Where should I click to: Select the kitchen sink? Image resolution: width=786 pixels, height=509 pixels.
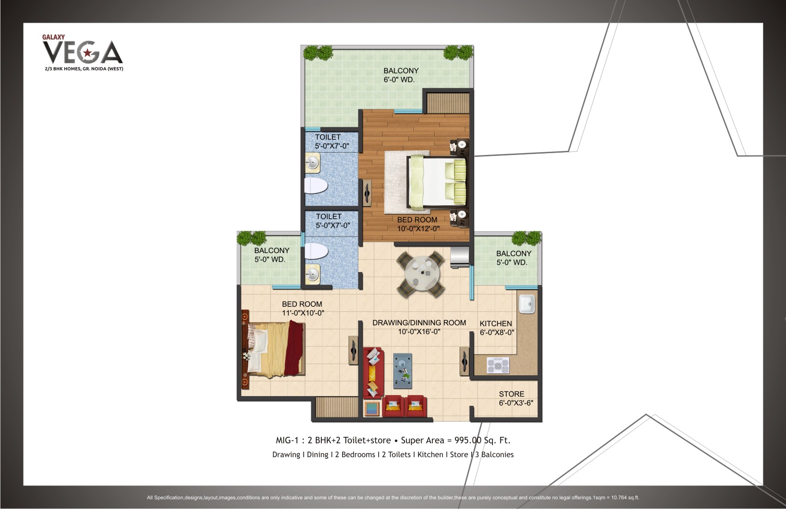pyautogui.click(x=526, y=304)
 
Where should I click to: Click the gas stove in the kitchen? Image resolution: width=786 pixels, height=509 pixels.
pyautogui.click(x=497, y=366)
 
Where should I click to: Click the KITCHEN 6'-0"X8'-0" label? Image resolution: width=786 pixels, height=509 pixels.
pyautogui.click(x=496, y=328)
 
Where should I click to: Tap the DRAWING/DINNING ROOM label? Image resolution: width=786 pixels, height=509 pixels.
pyautogui.click(x=419, y=327)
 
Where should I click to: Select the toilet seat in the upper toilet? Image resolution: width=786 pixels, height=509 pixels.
pyautogui.click(x=316, y=186)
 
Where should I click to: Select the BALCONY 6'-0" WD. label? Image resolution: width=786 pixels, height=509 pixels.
pyautogui.click(x=400, y=75)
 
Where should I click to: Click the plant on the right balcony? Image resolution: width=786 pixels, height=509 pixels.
pyautogui.click(x=526, y=238)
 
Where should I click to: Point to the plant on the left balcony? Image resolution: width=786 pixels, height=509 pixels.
pyautogui.click(x=252, y=238)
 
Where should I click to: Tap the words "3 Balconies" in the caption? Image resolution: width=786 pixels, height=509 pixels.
pyautogui.click(x=494, y=454)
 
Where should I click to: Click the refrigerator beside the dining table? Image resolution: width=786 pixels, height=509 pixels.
pyautogui.click(x=459, y=257)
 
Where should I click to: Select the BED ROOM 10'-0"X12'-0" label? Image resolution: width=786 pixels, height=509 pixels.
pyautogui.click(x=418, y=224)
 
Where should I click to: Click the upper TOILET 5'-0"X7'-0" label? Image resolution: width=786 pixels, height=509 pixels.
pyautogui.click(x=332, y=142)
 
